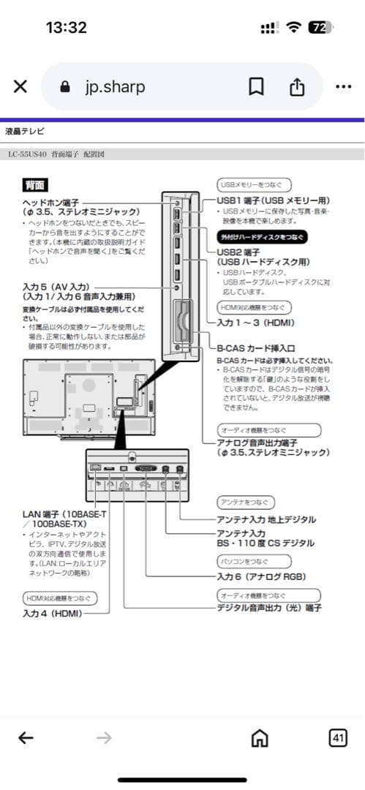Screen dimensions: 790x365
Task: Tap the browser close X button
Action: [x=20, y=86]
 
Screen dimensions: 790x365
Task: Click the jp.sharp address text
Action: [x=115, y=86]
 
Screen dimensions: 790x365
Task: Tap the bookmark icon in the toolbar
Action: [x=256, y=86]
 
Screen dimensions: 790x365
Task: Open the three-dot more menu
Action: [x=343, y=86]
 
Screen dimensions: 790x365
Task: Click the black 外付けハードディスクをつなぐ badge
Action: [x=262, y=238]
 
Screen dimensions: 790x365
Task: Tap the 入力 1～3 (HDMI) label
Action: [x=256, y=322]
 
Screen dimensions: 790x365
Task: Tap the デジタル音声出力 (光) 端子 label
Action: [x=269, y=608]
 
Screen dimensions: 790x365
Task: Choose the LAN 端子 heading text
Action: [x=64, y=515]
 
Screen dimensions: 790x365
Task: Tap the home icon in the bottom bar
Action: [x=258, y=739]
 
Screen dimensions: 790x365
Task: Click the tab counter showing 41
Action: [x=338, y=738]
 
